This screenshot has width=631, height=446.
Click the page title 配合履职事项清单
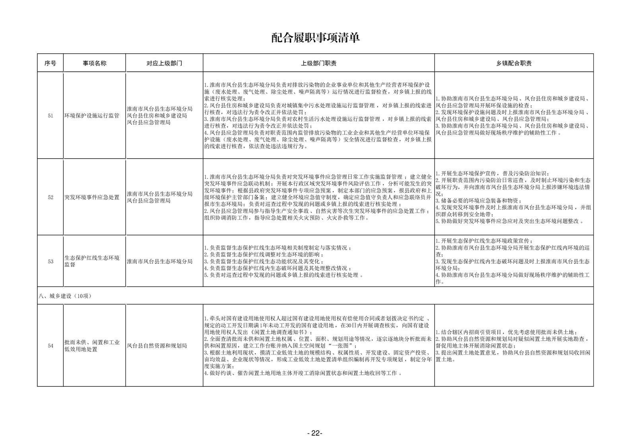click(x=315, y=38)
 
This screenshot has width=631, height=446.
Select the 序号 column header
click(x=50, y=63)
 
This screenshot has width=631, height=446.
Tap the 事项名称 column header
click(x=94, y=63)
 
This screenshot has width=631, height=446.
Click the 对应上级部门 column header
click(x=164, y=63)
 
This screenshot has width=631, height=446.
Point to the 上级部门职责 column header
click(x=318, y=63)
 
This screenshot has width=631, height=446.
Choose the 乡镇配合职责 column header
click(x=514, y=63)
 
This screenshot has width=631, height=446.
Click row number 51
click(x=50, y=116)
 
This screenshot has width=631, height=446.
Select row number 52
click(x=50, y=197)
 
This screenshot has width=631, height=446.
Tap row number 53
click(x=50, y=262)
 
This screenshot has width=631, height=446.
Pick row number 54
click(x=50, y=346)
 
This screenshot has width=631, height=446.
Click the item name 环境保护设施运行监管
click(x=92, y=116)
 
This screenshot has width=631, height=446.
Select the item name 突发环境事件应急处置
click(x=92, y=197)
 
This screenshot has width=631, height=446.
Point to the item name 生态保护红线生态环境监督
click(x=92, y=261)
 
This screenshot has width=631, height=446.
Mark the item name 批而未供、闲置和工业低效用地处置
click(x=92, y=346)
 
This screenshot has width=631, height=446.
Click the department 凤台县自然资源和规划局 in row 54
click(x=157, y=346)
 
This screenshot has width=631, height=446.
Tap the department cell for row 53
click(x=160, y=262)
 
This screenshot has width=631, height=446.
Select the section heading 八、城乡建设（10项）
click(x=65, y=296)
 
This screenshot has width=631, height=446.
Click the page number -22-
click(x=315, y=433)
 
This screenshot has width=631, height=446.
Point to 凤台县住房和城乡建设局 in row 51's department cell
click(x=157, y=116)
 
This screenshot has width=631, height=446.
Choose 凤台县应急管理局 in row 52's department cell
click(x=149, y=201)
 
